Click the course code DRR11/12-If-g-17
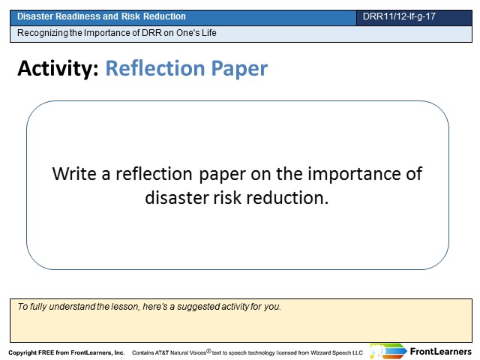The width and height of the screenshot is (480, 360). point(399,16)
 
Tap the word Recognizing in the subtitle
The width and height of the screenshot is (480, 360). point(43,33)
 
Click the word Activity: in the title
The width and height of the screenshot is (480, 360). point(58,68)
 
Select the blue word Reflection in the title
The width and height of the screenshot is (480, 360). point(155,68)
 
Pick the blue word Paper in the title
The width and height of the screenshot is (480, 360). point(239,69)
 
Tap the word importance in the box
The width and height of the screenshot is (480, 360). point(354,175)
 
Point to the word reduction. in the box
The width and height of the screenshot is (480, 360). point(287,197)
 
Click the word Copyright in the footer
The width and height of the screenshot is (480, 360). point(22,352)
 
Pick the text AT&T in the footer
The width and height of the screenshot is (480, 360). point(162,352)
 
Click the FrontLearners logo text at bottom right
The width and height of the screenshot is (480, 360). point(440,352)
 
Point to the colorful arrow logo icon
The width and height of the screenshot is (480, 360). point(388,351)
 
